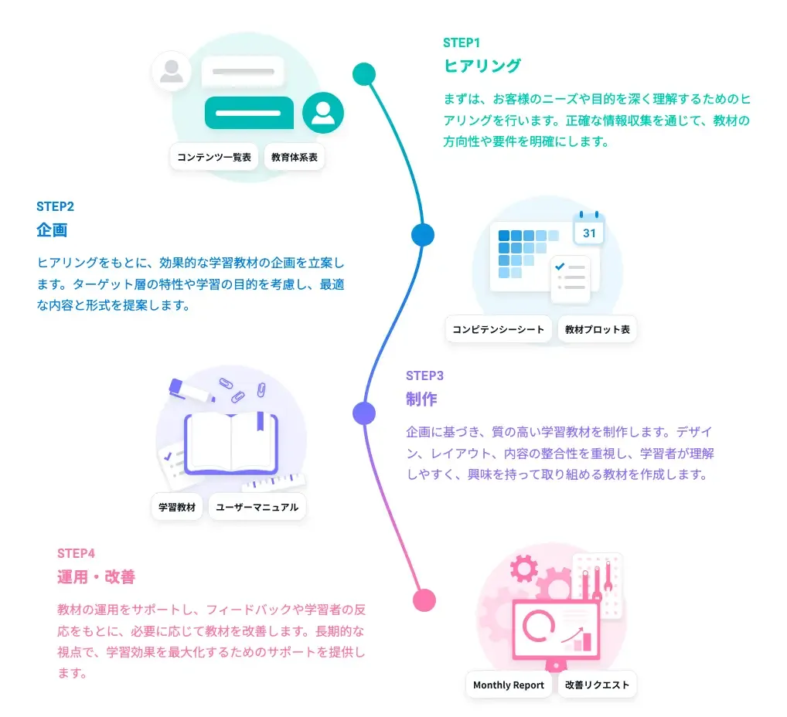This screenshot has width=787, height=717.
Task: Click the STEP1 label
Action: (x=462, y=43)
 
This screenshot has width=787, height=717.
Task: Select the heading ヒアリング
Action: (x=482, y=66)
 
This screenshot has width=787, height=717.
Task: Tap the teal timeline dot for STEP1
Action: (x=364, y=74)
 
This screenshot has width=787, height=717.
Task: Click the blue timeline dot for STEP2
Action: (x=423, y=235)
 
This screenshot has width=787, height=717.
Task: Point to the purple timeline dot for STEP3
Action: (x=364, y=413)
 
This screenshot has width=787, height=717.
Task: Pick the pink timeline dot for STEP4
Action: (x=424, y=600)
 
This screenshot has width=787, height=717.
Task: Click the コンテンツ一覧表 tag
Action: (x=214, y=157)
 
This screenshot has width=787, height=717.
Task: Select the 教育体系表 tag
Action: (x=294, y=157)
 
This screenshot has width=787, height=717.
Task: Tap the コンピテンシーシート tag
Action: (x=499, y=329)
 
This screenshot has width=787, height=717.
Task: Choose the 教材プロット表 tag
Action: (x=598, y=329)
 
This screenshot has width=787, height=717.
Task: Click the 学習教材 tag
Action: (x=177, y=507)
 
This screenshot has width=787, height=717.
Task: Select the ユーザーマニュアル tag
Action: (x=257, y=507)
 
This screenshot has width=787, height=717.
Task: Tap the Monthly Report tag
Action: (x=509, y=685)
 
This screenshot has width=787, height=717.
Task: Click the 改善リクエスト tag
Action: (x=598, y=685)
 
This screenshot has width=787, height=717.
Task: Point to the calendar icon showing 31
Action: (x=589, y=229)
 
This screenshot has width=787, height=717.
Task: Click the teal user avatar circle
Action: (x=322, y=113)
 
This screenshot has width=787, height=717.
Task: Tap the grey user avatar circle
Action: (x=172, y=71)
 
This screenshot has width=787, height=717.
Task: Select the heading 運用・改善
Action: (x=96, y=577)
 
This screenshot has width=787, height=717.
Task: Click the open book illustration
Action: (x=231, y=443)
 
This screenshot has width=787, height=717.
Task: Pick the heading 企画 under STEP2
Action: (x=52, y=229)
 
